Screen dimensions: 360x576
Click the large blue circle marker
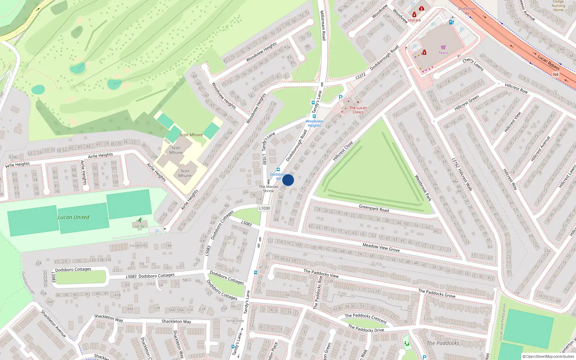coord(288,180)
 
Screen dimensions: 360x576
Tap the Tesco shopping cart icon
coord(443,47)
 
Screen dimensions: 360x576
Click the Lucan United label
coord(73,217)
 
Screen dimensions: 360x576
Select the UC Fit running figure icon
coord(140,220)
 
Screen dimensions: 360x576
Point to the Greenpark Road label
coord(374,208)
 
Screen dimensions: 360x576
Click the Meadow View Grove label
coord(381,247)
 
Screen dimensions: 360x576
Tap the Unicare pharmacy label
coord(414,20)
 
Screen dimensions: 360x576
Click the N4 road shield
coord(555,75)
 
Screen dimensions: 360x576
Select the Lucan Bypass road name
coord(548,62)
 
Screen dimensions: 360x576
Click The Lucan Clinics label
coord(358,110)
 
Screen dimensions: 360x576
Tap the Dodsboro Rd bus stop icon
coord(278,170)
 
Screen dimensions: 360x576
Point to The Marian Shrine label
coord(269,189)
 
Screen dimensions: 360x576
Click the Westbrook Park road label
coord(423,188)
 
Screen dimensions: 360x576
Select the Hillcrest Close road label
coord(343,151)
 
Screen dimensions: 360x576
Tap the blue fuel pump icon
coord(451,22)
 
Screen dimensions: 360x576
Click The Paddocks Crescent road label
coord(365,318)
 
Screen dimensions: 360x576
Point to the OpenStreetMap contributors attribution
coord(548,356)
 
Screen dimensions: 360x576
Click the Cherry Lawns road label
coord(473,64)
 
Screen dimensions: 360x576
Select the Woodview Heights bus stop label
coord(314,123)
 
